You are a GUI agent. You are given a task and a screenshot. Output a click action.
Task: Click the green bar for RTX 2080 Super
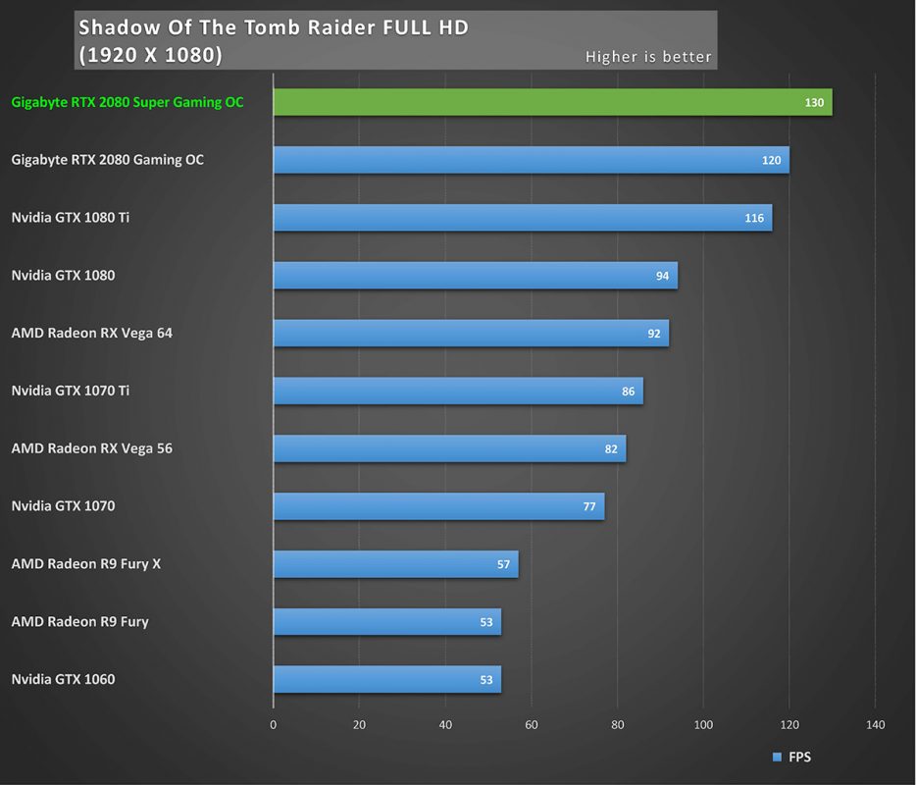[x=552, y=102]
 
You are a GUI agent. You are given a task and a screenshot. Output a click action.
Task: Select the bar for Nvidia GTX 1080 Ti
[x=522, y=218]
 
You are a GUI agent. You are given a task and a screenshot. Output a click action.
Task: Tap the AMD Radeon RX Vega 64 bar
[x=471, y=334]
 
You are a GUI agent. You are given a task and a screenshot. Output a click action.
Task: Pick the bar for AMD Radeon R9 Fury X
[x=395, y=564]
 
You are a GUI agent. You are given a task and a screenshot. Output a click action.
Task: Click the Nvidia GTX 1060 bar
[x=386, y=679]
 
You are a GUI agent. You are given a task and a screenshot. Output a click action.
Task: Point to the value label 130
[x=814, y=103]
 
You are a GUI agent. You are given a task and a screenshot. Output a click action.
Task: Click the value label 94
[x=663, y=277]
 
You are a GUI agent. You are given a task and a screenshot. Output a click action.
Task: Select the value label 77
[x=589, y=507]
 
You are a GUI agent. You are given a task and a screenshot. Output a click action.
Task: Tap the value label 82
[x=611, y=449]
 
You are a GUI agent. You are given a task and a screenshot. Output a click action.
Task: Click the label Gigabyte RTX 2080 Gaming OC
[x=108, y=160]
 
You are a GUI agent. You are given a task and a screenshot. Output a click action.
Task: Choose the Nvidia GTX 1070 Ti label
[x=71, y=391]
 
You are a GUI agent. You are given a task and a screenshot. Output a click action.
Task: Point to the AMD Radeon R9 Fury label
[x=80, y=621]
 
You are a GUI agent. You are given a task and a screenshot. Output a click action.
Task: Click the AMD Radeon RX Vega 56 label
[x=92, y=448]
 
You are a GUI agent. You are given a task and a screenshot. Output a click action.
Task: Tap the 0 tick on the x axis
[x=274, y=725]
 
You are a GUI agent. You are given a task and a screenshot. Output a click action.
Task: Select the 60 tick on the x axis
[x=531, y=725]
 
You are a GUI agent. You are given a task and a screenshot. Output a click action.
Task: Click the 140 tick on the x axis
[x=875, y=725]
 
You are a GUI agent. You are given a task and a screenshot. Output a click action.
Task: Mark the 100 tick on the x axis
[x=703, y=725]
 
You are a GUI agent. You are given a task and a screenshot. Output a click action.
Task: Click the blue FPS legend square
[x=778, y=757]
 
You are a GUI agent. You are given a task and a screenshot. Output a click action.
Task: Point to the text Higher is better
[x=648, y=56]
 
